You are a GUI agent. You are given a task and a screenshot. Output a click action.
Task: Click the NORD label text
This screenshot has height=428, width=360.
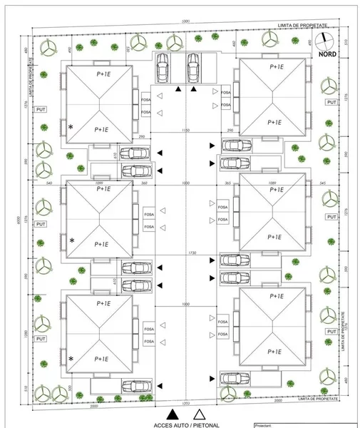[x=328, y=53]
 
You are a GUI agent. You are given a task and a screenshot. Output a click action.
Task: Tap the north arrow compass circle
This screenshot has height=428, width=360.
[x=326, y=39]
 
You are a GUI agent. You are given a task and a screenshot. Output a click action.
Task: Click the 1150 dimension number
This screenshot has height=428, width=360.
[x=185, y=131]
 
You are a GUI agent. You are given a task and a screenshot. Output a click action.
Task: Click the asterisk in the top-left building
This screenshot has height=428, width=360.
[x=71, y=126]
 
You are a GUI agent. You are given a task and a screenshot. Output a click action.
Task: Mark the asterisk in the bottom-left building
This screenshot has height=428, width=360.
[x=71, y=358]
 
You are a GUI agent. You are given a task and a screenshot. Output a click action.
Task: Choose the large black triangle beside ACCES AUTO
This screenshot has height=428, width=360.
[x=171, y=413]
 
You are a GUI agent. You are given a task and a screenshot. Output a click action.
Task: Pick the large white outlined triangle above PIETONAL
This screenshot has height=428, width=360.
[x=200, y=413]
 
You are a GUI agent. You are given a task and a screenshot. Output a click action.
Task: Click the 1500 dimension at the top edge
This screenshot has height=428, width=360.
[x=185, y=21]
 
